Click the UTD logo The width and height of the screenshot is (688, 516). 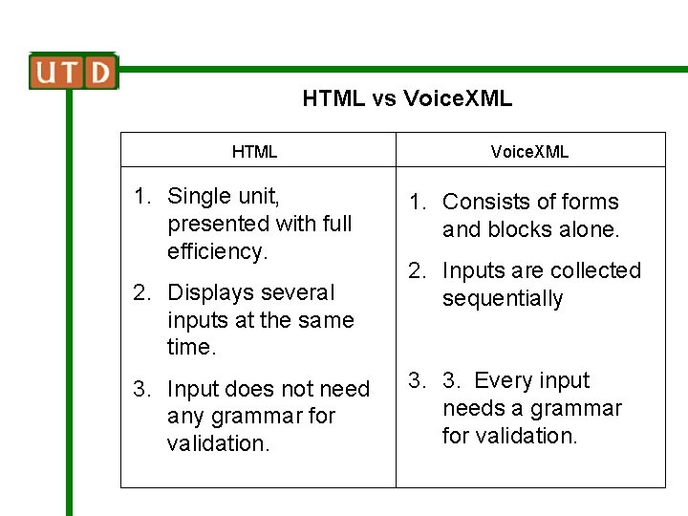click(x=74, y=72)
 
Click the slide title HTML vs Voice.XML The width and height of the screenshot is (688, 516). click(x=407, y=98)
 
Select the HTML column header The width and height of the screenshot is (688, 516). click(x=255, y=152)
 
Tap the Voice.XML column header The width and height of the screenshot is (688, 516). click(x=529, y=152)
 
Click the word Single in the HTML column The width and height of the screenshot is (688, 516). click(x=199, y=197)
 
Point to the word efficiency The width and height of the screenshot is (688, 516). click(x=217, y=251)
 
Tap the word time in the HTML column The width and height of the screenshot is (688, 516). click(x=189, y=347)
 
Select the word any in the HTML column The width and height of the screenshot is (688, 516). click(x=184, y=417)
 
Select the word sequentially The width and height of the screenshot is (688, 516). click(x=503, y=299)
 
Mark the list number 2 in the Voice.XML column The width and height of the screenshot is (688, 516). click(x=417, y=271)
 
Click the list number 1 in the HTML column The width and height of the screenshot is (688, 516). click(x=141, y=197)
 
